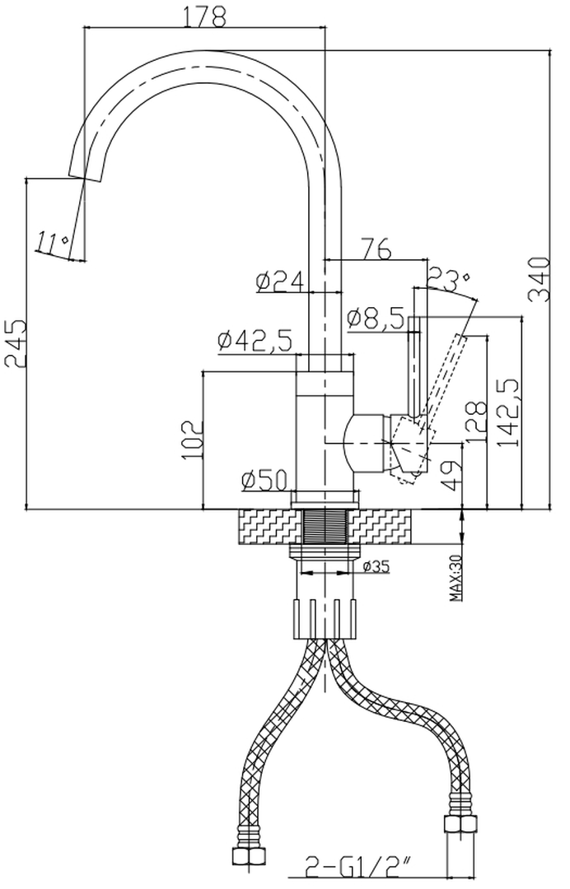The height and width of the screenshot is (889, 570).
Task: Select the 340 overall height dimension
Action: click(540, 280)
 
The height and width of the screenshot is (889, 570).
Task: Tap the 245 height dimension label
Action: click(14, 342)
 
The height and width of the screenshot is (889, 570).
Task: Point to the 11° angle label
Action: click(51, 243)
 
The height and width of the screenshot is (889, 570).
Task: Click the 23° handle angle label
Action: click(449, 280)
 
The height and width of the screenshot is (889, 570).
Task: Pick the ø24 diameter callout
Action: click(280, 283)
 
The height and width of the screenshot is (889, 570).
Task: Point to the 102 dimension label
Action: click(190, 440)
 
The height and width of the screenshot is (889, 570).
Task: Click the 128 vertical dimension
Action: click(475, 421)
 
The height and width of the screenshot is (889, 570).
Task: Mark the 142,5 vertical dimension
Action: click(508, 412)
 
